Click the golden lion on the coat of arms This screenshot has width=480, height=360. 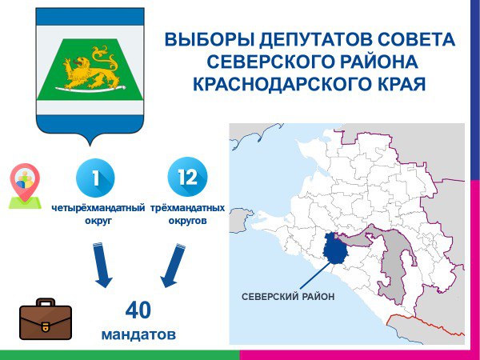pyautogui.click(x=90, y=69)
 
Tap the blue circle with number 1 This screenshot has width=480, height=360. pyautogui.click(x=95, y=178)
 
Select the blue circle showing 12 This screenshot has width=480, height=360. pyautogui.click(x=187, y=177)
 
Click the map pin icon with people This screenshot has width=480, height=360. pyautogui.click(x=25, y=186)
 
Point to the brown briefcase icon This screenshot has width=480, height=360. pyautogui.click(x=46, y=319)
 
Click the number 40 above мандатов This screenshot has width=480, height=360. pyautogui.click(x=138, y=310)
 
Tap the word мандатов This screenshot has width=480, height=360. pyautogui.click(x=138, y=334)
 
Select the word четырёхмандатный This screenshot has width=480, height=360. pyautogui.click(x=98, y=208)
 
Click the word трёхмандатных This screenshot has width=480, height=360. pyautogui.click(x=188, y=208)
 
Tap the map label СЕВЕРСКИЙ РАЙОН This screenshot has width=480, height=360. pyautogui.click(x=288, y=297)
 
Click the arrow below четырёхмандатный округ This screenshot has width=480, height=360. pyautogui.click(x=102, y=265)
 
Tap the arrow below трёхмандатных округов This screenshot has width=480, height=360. pyautogui.click(x=174, y=266)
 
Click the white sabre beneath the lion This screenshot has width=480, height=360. pyautogui.click(x=90, y=89)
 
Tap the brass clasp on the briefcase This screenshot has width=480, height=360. pyautogui.click(x=46, y=326)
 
